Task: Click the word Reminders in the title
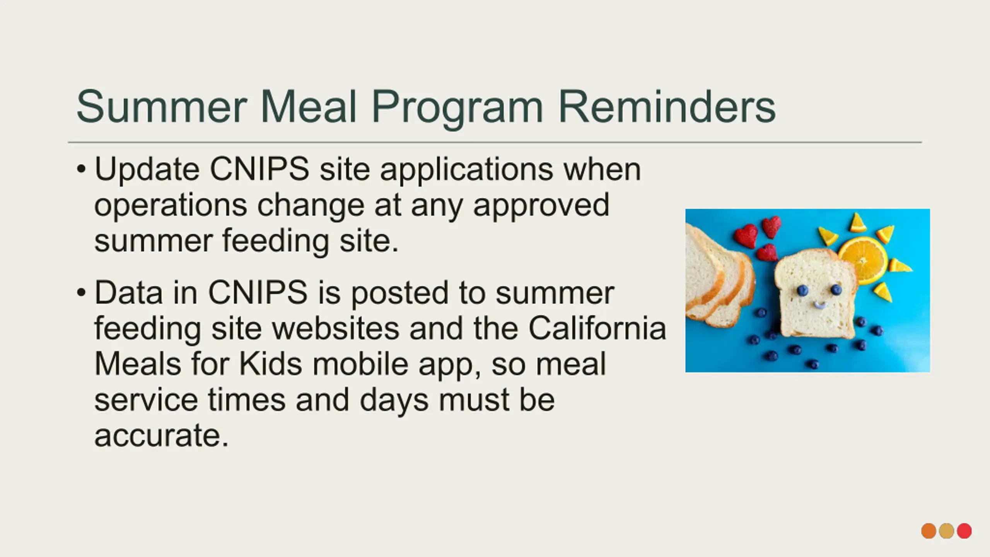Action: pyautogui.click(x=667, y=106)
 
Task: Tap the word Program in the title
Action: pyautogui.click(x=457, y=109)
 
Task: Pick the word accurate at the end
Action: pyautogui.click(x=162, y=436)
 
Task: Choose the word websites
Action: pyautogui.click(x=335, y=328)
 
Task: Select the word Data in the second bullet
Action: pyautogui.click(x=128, y=293)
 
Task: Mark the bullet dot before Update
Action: pyautogui.click(x=81, y=169)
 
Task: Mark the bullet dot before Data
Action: pyautogui.click(x=81, y=292)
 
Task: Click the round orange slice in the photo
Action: pyautogui.click(x=863, y=260)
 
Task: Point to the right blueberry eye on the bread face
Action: pyautogui.click(x=836, y=289)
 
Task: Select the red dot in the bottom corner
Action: pyautogui.click(x=964, y=531)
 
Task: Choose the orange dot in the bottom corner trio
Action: pyautogui.click(x=929, y=531)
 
